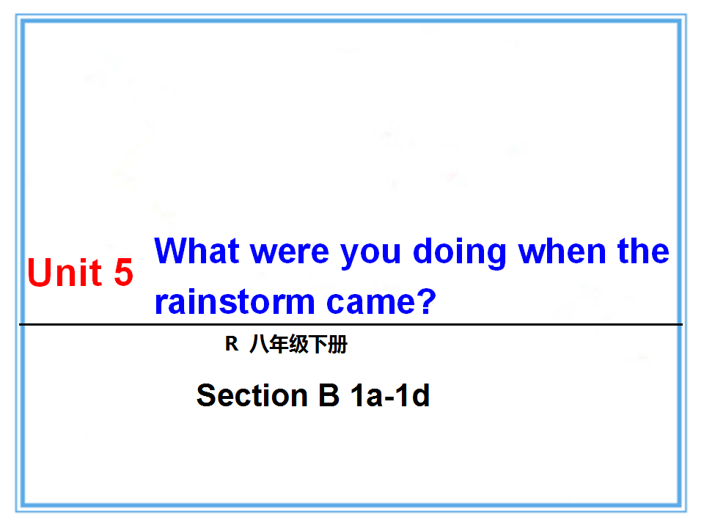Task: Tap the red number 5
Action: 123,272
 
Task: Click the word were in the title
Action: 289,253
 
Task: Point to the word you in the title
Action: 370,254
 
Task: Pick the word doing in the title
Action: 459,252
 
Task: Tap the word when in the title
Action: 562,251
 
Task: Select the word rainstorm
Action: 235,301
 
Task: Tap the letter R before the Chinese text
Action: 232,344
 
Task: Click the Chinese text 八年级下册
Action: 298,345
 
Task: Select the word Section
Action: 252,395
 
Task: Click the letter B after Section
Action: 329,395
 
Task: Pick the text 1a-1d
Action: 390,395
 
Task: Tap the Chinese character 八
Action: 259,345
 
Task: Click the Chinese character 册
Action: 337,345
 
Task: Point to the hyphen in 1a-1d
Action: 389,397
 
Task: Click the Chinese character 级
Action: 298,345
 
